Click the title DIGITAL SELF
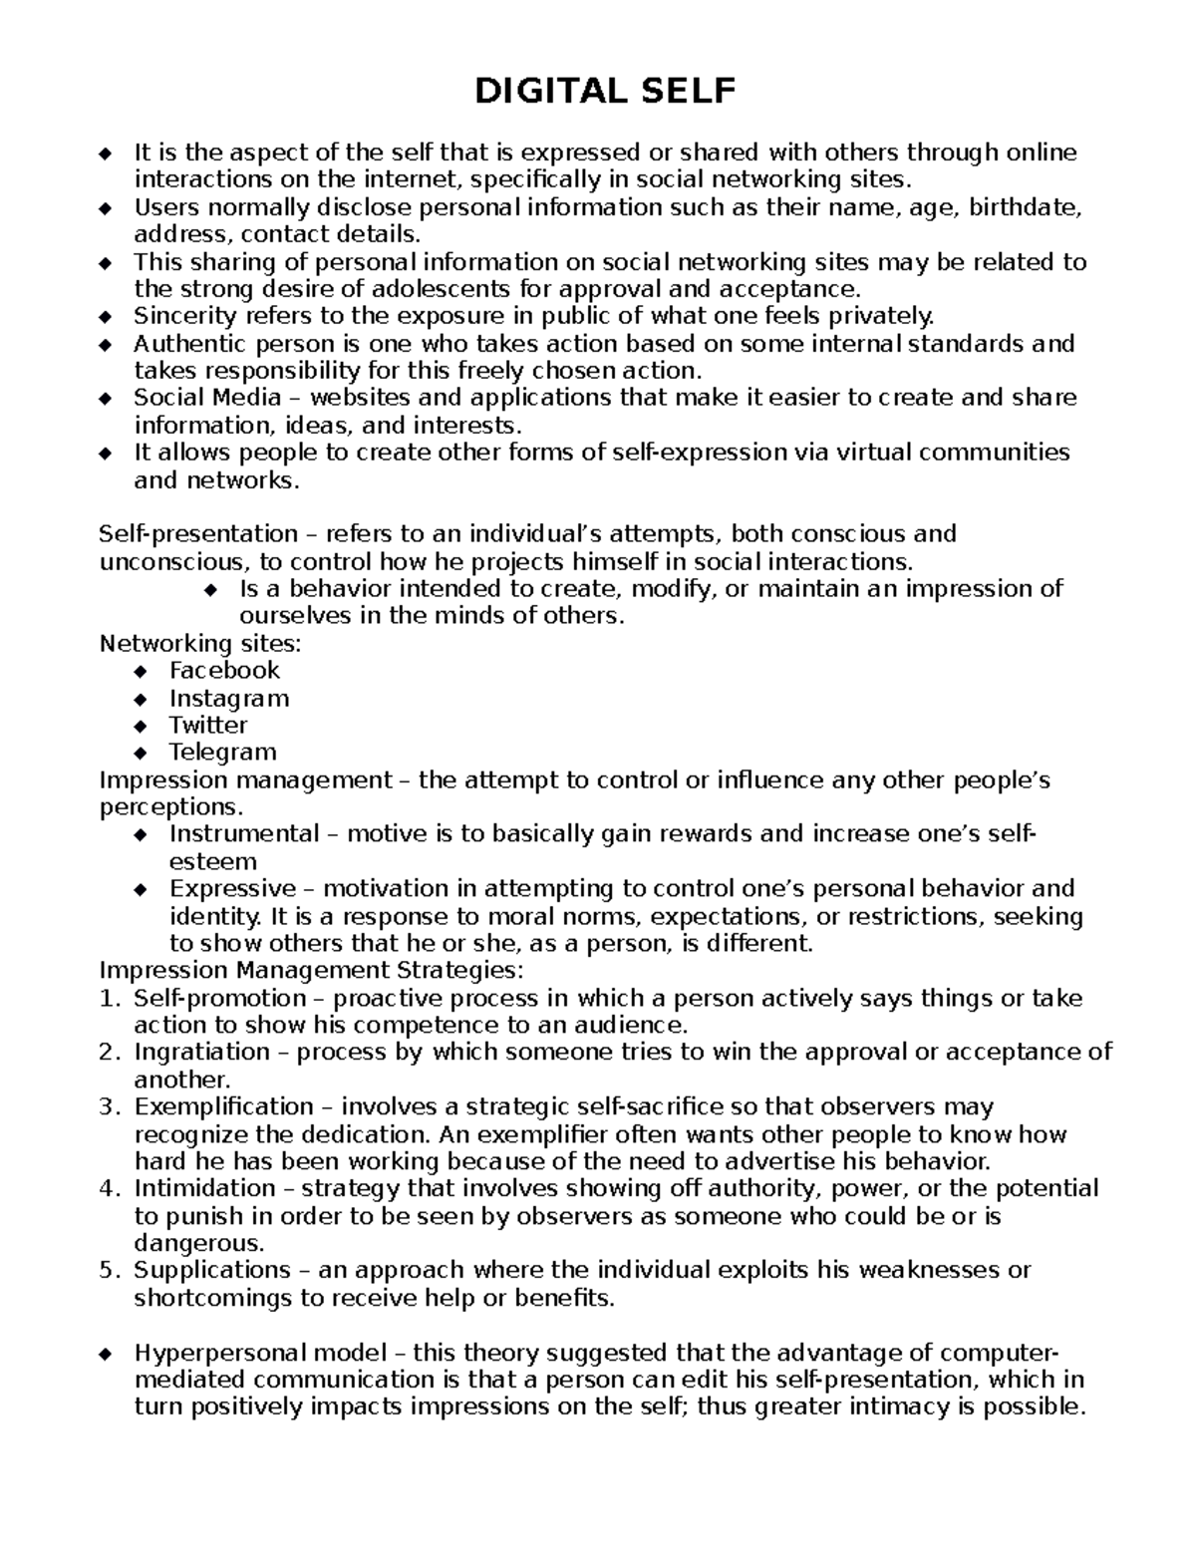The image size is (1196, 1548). click(x=605, y=92)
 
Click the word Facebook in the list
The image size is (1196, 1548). click(x=224, y=671)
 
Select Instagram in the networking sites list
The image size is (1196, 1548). click(x=229, y=698)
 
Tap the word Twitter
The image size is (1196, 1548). click(x=208, y=725)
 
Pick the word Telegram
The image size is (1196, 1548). click(x=222, y=752)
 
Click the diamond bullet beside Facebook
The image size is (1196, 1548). click(x=140, y=671)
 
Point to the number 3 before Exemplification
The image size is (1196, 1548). click(x=109, y=1107)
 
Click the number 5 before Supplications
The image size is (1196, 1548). click(x=109, y=1271)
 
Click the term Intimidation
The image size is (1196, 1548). click(x=204, y=1189)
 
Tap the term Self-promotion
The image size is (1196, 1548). click(x=219, y=999)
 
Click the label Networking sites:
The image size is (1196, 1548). click(x=200, y=644)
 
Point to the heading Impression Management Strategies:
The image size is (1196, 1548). click(x=311, y=971)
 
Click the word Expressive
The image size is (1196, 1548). click(x=233, y=889)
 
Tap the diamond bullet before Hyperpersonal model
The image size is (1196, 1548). click(x=106, y=1354)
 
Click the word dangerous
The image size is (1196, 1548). click(x=199, y=1243)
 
